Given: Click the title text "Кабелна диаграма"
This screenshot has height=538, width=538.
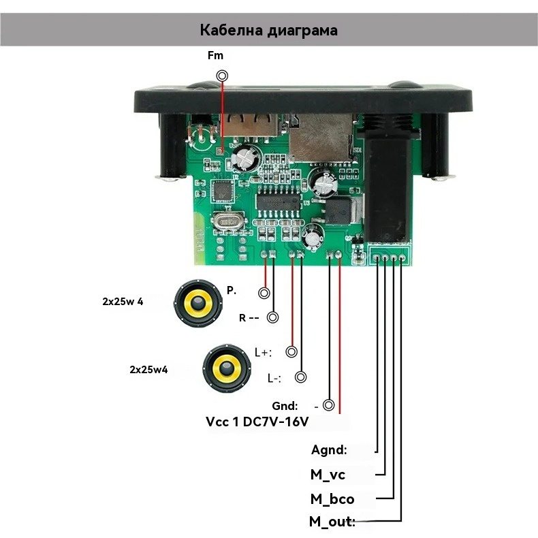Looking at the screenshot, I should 269,30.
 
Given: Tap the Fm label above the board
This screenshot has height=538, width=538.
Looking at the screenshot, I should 215,56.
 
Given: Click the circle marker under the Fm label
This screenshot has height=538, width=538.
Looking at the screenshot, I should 221,76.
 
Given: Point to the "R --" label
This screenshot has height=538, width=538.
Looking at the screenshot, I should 249,318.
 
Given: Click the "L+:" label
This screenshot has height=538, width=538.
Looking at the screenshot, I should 263,353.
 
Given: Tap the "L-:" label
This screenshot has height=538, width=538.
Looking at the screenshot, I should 274,379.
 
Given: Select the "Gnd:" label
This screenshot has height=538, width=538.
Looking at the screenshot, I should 285,406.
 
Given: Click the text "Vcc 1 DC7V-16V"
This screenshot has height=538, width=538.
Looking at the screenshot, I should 257,422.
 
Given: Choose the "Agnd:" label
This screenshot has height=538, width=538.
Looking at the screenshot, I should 329,450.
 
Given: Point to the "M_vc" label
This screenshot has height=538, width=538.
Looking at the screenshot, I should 332,475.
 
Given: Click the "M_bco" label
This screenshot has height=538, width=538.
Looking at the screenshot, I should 332,499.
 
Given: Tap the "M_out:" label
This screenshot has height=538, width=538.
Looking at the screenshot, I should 332,522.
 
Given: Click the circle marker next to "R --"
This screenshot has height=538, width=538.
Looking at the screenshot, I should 273,317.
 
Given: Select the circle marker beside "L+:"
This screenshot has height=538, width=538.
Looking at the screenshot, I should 292,352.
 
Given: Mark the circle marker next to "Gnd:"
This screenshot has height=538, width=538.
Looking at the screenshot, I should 329,406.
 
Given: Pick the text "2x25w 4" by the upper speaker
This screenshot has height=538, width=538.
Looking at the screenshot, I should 123,301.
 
